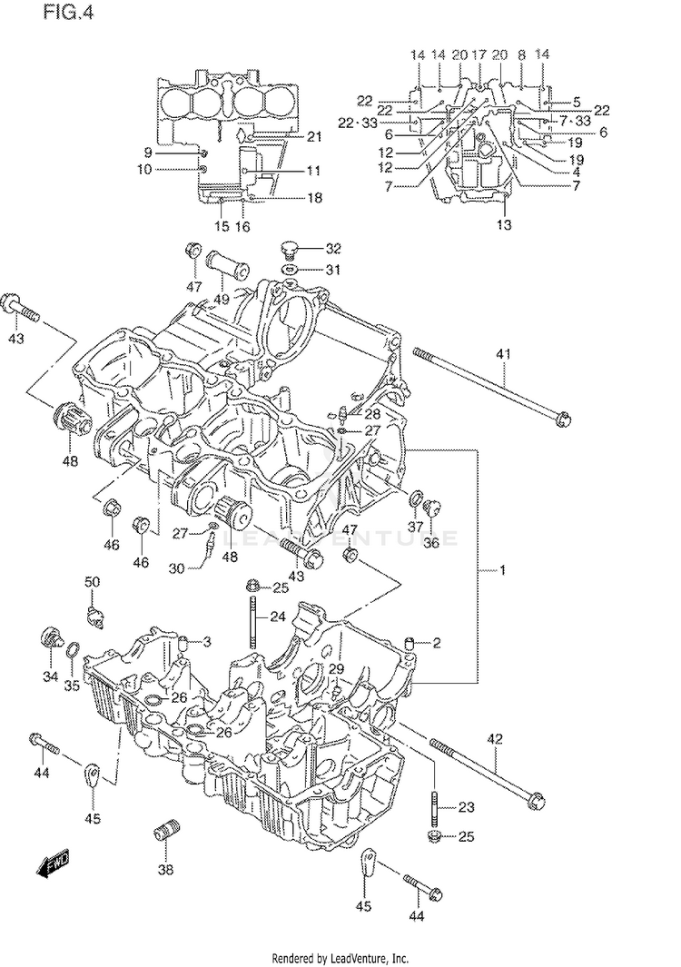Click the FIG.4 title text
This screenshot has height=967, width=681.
[x=68, y=13]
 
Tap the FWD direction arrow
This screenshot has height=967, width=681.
[x=54, y=863]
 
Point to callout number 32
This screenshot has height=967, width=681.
[x=333, y=249]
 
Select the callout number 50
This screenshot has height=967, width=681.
[x=92, y=582]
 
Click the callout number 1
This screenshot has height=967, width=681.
[x=502, y=570]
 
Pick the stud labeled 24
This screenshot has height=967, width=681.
[x=253, y=622]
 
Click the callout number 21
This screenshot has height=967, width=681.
[x=314, y=136]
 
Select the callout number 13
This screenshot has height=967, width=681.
[x=504, y=224]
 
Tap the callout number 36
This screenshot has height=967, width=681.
[x=431, y=544]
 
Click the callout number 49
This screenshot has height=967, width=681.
[x=222, y=299]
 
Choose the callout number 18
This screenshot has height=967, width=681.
[x=314, y=197]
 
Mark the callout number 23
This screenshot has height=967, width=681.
[x=467, y=806]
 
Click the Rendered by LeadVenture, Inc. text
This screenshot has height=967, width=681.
[x=340, y=958]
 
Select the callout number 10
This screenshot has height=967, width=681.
[x=143, y=169]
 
